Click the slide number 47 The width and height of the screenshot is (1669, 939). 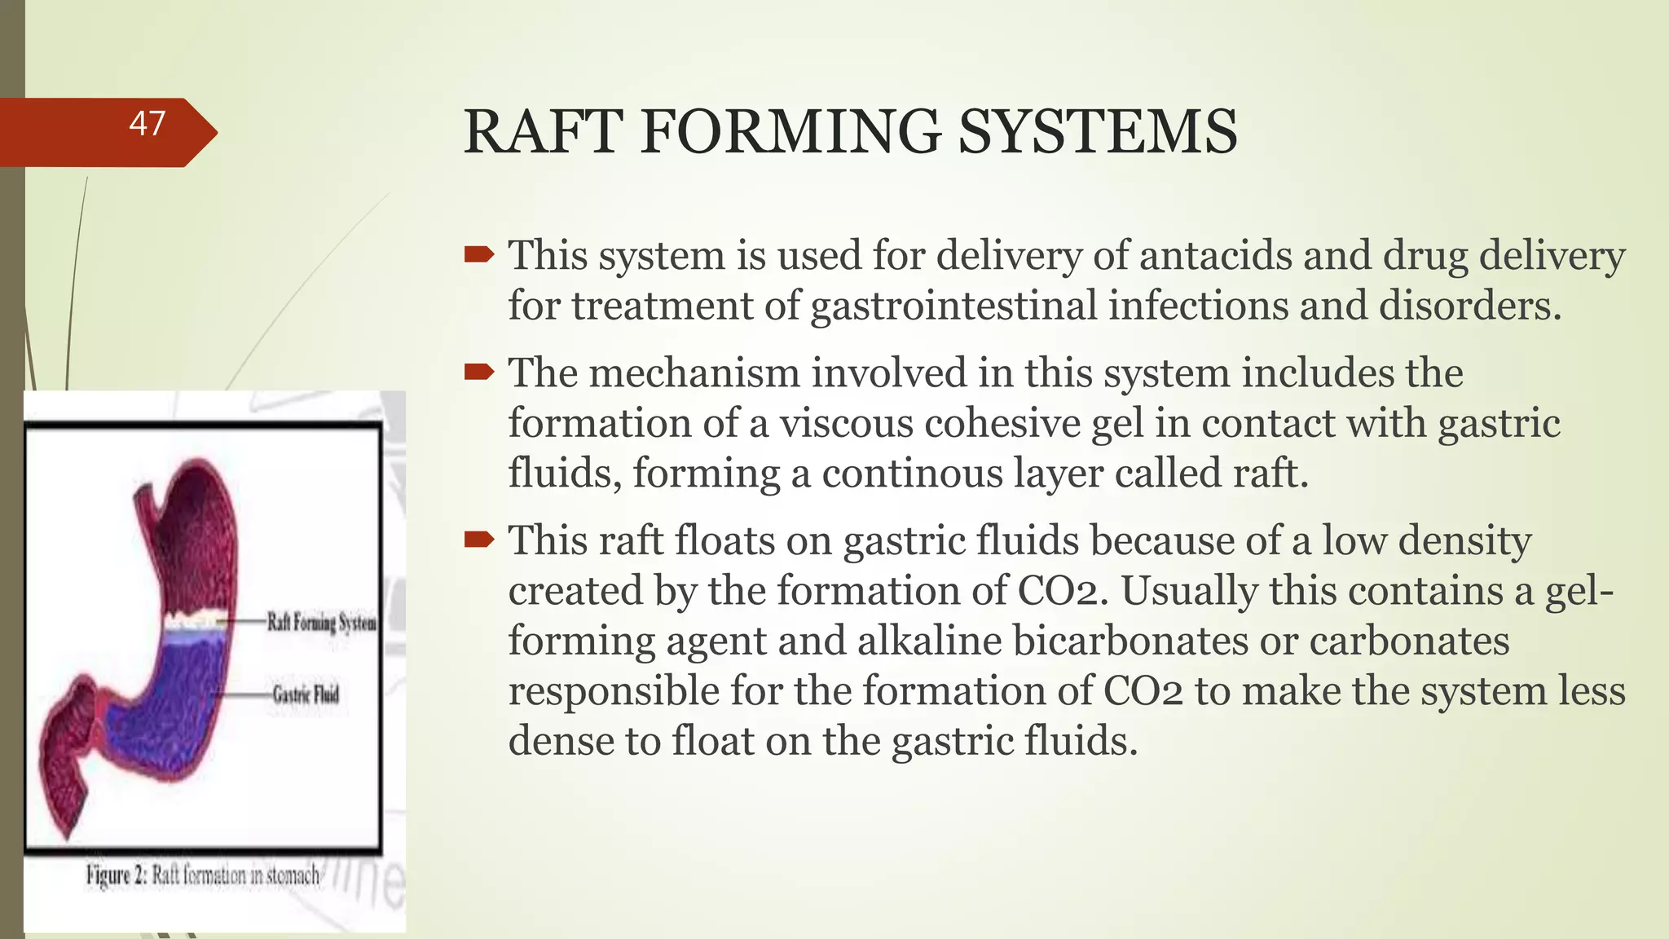(148, 124)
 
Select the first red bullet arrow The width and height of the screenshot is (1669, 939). (479, 256)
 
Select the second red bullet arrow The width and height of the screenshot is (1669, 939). (479, 373)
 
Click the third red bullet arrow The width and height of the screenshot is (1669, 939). (479, 540)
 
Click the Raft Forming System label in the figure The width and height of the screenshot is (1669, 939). (321, 623)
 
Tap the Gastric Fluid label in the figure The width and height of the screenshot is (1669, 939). (305, 694)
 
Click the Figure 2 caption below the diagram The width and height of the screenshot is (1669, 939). (203, 875)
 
